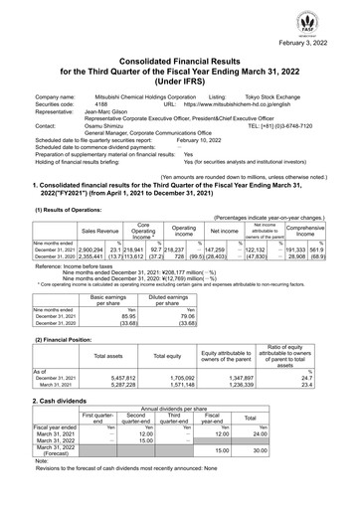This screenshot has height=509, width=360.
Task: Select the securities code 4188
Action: tap(101, 103)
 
